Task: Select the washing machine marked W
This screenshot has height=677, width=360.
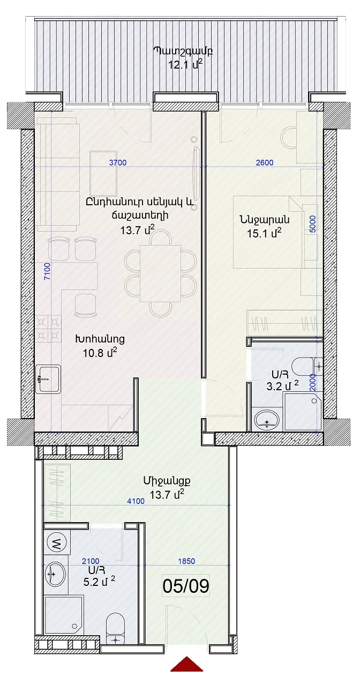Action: pos(57,544)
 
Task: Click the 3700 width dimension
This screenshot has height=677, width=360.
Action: pos(118,162)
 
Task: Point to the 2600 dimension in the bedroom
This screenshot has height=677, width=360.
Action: pos(265,162)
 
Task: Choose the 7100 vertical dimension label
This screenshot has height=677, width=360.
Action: pos(48,271)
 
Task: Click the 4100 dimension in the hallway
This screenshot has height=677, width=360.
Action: pos(136,501)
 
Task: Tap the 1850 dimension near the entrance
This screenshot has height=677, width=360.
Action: pos(186,561)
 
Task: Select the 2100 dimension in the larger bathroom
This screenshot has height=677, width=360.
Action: pos(91,561)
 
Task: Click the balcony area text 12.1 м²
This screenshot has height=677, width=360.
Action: pos(185,64)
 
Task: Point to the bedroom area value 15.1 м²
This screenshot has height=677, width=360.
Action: pos(264,233)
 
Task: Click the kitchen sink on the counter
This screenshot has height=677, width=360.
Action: pos(48,379)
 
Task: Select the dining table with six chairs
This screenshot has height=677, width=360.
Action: pos(160,273)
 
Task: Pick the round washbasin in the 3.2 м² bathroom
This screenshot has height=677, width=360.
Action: pos(266,420)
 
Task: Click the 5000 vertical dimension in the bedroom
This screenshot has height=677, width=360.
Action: pos(313,224)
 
